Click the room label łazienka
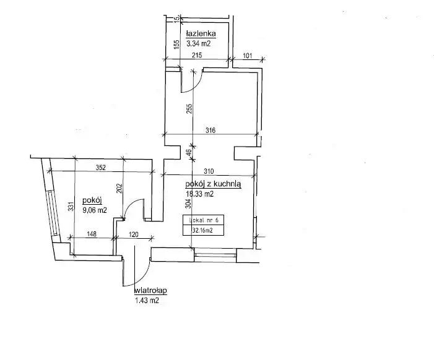pyautogui.click(x=201, y=33)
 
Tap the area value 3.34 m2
pyautogui.click(x=199, y=43)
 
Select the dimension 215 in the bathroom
pyautogui.click(x=197, y=55)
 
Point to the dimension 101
pyautogui.click(x=248, y=56)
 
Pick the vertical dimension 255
pyautogui.click(x=189, y=109)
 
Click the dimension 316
pyautogui.click(x=210, y=131)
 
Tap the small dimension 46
pyautogui.click(x=188, y=153)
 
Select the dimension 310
pyautogui.click(x=209, y=171)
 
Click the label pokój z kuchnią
pyautogui.click(x=213, y=184)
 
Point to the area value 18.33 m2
pyautogui.click(x=199, y=194)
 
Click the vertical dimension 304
pyautogui.click(x=188, y=204)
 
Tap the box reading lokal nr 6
pyautogui.click(x=204, y=220)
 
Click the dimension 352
pyautogui.click(x=101, y=168)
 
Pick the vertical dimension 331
pyautogui.click(x=71, y=206)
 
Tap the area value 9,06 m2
pyautogui.click(x=95, y=210)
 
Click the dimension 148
pyautogui.click(x=92, y=234)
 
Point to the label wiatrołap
pyautogui.click(x=150, y=291)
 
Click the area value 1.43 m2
pyautogui.click(x=147, y=300)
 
